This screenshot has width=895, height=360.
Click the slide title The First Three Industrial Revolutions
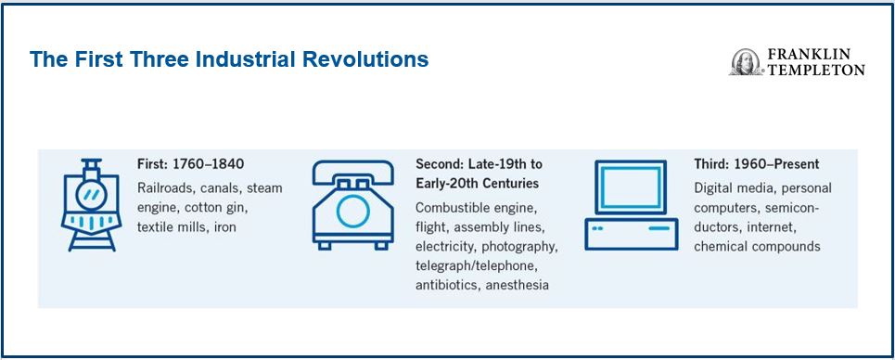pyautogui.click(x=229, y=59)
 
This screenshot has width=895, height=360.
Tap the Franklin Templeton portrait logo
pyautogui.click(x=745, y=62)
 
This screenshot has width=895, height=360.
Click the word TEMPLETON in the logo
pyautogui.click(x=815, y=70)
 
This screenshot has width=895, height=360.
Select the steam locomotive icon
pyautogui.click(x=91, y=204)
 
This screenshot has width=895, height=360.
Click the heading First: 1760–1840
pyautogui.click(x=191, y=164)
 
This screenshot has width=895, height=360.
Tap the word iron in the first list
pyautogui.click(x=224, y=227)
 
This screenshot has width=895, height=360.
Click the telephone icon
pyautogui.click(x=353, y=204)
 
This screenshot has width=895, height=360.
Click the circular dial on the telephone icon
pyautogui.click(x=353, y=212)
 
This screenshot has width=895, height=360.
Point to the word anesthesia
pyautogui.click(x=518, y=285)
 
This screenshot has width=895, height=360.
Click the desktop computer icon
pyautogui.click(x=632, y=204)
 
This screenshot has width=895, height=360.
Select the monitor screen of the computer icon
pyautogui.click(x=632, y=186)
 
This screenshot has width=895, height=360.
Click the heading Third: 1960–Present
pyautogui.click(x=756, y=164)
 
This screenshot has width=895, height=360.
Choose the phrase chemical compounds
pyautogui.click(x=757, y=247)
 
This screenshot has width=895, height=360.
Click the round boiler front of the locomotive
pyautogui.click(x=91, y=196)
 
